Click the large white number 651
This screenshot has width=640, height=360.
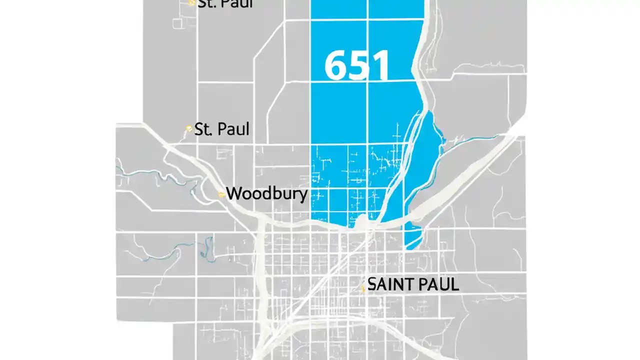coord(356,66)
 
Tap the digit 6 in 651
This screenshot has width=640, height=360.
coord(334,66)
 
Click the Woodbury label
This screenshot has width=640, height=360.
coord(266,193)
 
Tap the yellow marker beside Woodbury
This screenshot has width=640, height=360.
coord(221,194)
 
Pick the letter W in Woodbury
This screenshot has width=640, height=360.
coord(234,193)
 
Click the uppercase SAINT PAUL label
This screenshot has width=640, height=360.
coord(413,284)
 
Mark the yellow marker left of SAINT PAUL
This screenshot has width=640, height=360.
coord(363,288)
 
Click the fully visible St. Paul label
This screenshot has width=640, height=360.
coord(221,129)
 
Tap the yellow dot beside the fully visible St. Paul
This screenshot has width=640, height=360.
coord(189,128)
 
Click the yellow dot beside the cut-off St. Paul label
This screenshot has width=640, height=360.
coord(191,2)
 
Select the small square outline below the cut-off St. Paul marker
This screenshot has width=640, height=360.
coord(177,22)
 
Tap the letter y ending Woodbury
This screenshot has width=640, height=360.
coord(302,195)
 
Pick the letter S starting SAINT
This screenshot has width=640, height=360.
coord(372,284)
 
